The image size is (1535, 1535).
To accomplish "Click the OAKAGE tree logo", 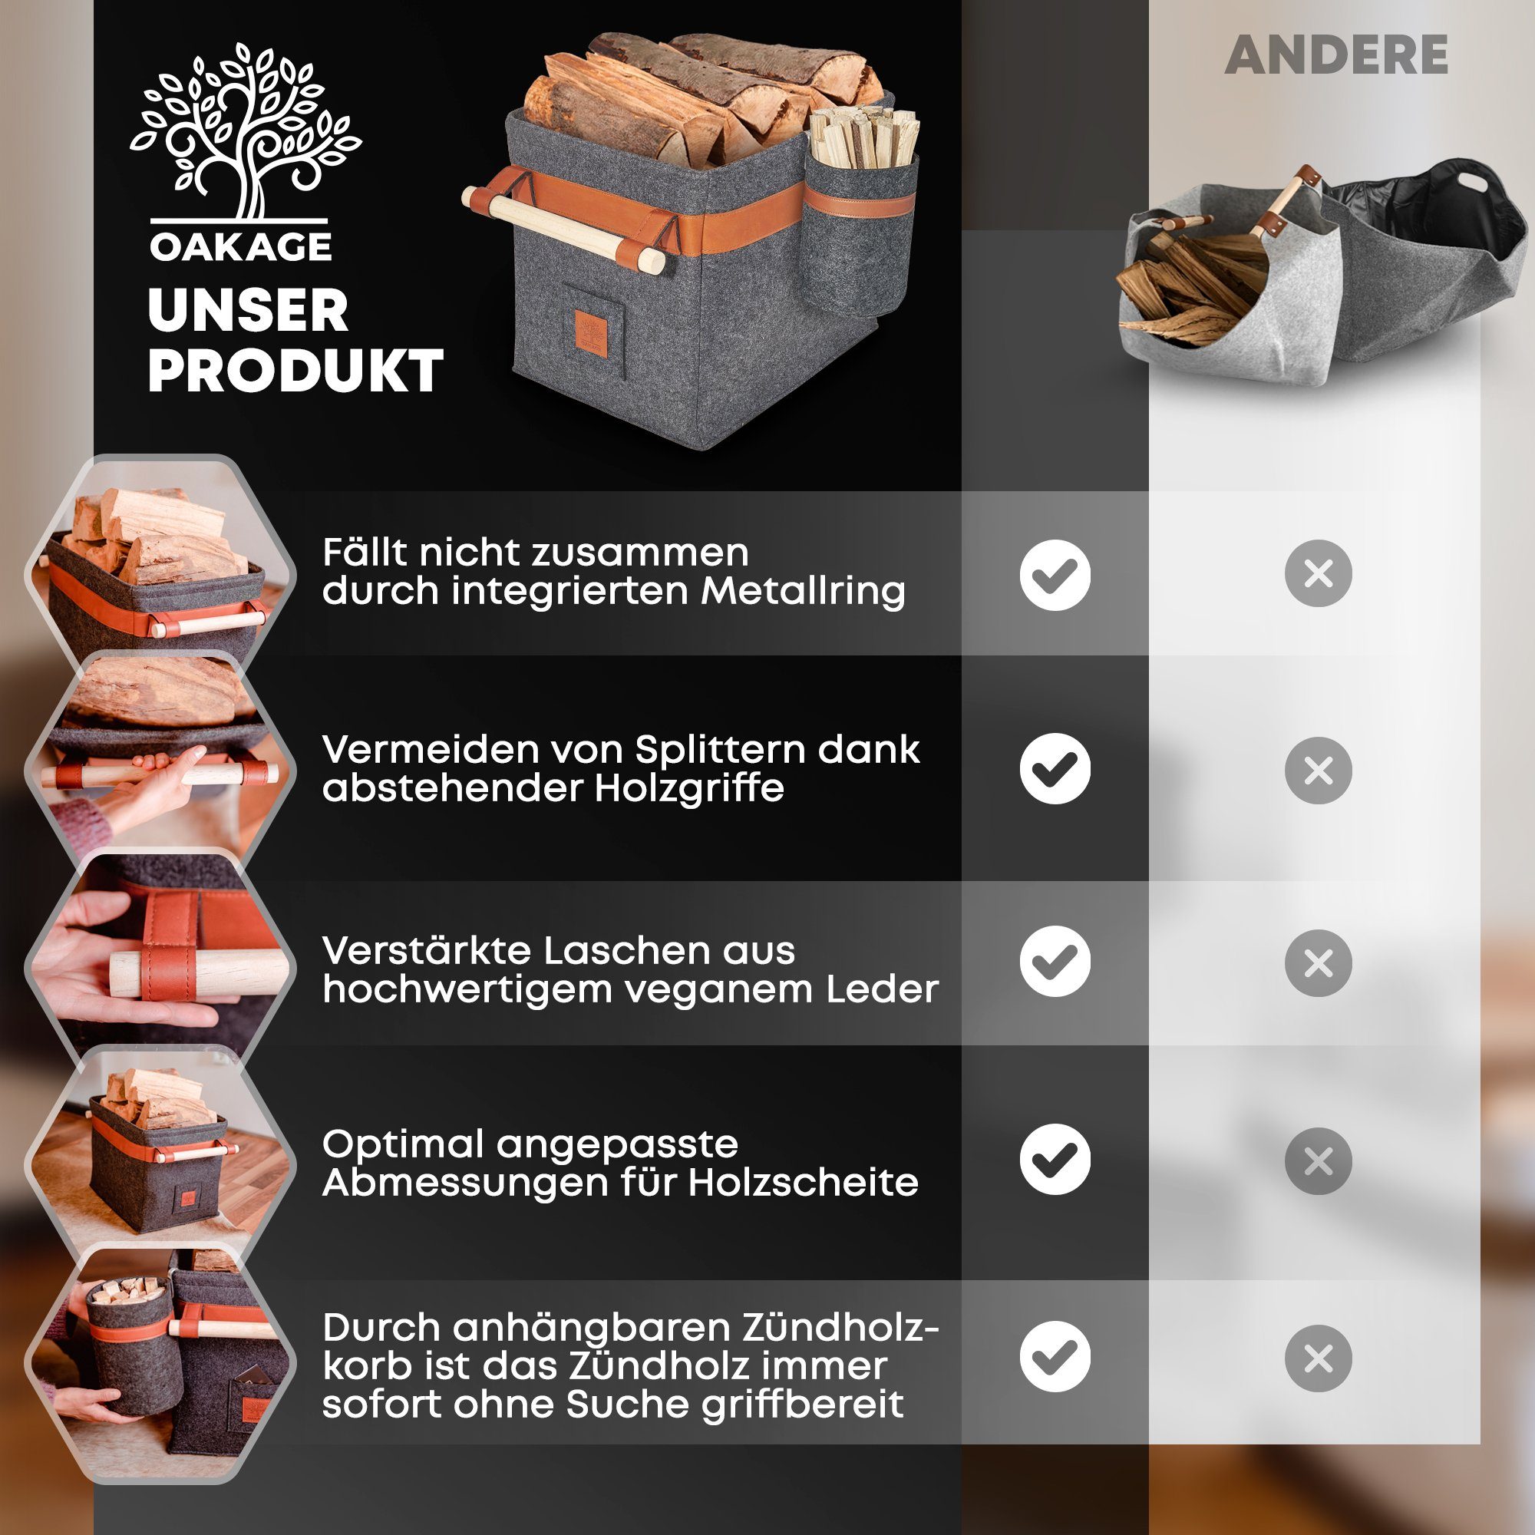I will click(245, 131).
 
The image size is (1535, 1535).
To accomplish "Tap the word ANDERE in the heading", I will click(1336, 55).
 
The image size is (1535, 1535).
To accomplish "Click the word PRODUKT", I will click(295, 371).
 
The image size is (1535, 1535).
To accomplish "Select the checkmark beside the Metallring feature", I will click(1055, 574).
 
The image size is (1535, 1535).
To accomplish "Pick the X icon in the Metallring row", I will click(1318, 573).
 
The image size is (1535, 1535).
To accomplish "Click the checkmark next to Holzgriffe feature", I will click(1055, 768).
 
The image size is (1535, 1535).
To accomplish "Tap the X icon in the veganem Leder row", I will click(1318, 963).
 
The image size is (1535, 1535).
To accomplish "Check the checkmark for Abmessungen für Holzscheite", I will click(1055, 1159).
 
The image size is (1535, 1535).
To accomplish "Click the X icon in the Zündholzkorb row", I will click(1318, 1358).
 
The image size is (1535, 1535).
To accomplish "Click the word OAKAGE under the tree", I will click(241, 247).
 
